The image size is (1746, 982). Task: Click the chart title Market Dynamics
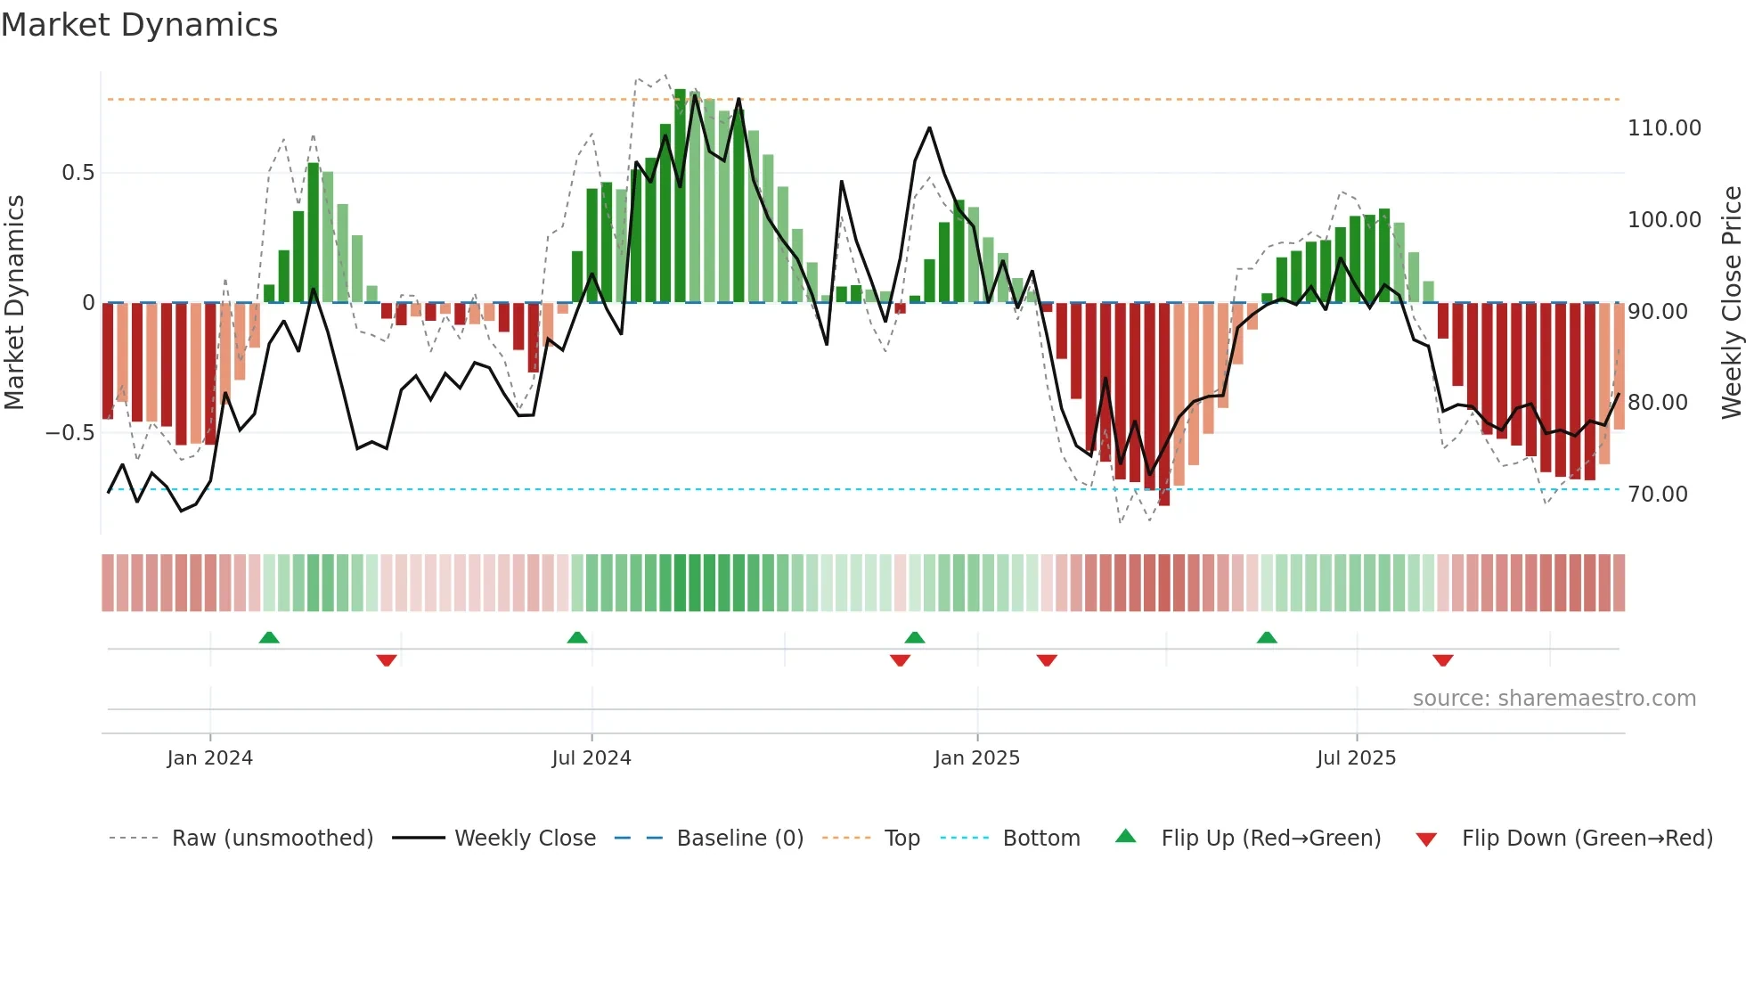tap(139, 25)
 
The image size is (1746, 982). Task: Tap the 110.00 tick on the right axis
tap(1663, 128)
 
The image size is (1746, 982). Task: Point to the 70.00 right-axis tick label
tap(1657, 495)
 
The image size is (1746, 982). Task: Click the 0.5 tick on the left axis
tap(78, 173)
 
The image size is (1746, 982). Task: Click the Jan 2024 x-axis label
tap(209, 758)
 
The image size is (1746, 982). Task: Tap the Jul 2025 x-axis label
tap(1356, 758)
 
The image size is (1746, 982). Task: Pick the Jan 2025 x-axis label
tap(976, 758)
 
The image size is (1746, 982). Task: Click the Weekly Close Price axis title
tap(1731, 303)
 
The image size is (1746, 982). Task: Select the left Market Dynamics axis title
tap(14, 303)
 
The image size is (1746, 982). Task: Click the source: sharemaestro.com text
tap(1554, 699)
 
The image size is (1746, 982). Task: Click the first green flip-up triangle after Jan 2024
tap(269, 637)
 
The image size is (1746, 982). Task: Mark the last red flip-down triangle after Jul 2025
tap(1443, 660)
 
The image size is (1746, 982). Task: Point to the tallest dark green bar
tap(680, 196)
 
